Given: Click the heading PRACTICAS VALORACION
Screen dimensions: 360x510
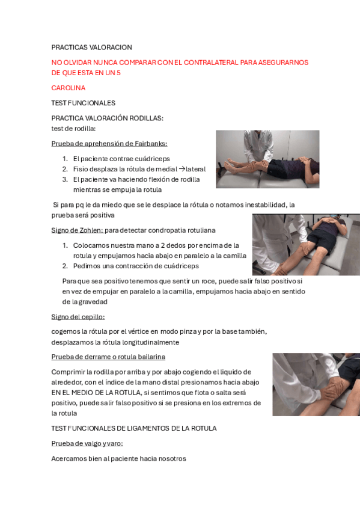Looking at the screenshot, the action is click(x=91, y=48).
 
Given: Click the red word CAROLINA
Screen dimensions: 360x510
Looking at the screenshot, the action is click(x=69, y=88).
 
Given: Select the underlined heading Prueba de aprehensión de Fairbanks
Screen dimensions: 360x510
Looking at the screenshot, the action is click(x=109, y=143).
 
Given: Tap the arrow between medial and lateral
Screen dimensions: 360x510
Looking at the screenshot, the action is click(x=182, y=169).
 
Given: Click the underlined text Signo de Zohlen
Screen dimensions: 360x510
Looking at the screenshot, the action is click(x=78, y=230).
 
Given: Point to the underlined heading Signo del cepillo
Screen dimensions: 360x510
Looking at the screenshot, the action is click(x=78, y=317).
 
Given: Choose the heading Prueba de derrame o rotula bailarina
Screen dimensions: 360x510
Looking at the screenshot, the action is click(x=108, y=357).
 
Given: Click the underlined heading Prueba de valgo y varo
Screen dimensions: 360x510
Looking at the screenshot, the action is click(x=87, y=443).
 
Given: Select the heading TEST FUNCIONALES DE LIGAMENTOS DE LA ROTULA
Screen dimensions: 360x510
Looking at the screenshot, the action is click(x=134, y=428).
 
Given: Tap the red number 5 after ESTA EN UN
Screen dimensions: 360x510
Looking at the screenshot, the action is click(x=118, y=73).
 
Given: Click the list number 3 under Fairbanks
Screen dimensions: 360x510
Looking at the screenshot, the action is click(x=65, y=179).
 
